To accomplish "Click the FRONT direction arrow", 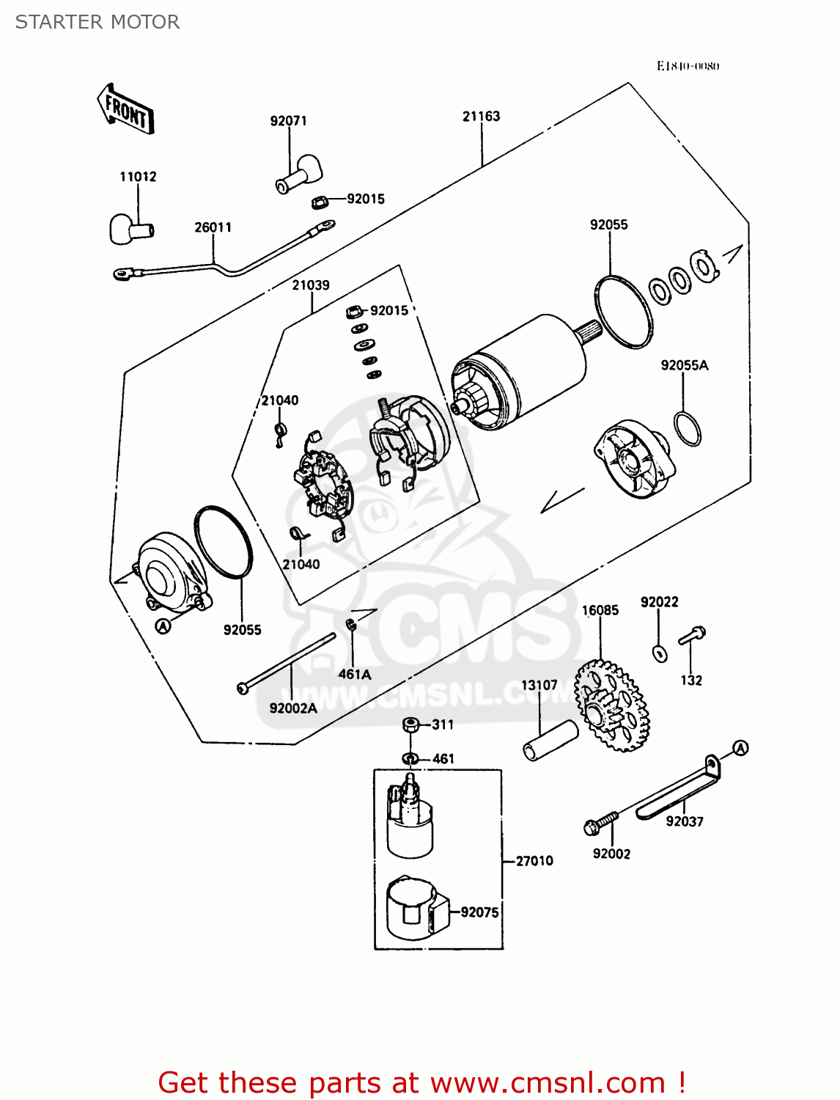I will tap(125, 109).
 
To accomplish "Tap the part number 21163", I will tap(481, 116).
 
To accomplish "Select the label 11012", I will tap(138, 177).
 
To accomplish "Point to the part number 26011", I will tap(213, 227).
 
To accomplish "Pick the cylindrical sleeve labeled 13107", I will tap(550, 741).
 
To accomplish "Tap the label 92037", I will tap(684, 821).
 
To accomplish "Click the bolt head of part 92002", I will tap(593, 827).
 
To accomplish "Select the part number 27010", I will tap(534, 861).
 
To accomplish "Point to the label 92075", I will tap(479, 912).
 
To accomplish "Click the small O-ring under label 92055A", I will tap(687, 429).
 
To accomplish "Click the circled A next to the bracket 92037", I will tap(740, 748).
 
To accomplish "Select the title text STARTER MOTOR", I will tap(97, 22).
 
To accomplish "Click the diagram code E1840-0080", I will tap(688, 66).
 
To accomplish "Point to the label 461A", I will tap(355, 674).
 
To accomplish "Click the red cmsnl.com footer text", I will tap(421, 1082).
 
